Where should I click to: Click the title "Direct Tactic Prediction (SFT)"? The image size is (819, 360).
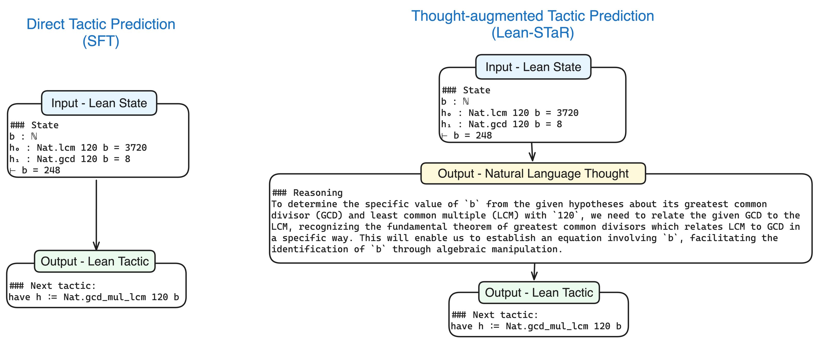[x=101, y=32]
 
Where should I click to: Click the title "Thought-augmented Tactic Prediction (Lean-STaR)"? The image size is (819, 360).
[x=533, y=24]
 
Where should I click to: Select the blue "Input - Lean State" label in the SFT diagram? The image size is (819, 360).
[x=99, y=103]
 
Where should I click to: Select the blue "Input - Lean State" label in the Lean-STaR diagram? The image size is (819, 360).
[x=533, y=67]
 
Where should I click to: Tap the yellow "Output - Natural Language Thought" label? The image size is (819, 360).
[x=533, y=173]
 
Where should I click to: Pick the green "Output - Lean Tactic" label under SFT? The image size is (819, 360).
[x=95, y=261]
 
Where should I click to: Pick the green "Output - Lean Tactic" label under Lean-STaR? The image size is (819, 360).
[x=539, y=292]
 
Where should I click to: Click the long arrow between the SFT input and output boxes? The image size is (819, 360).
[x=96, y=215]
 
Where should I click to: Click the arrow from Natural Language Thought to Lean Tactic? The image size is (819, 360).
[x=535, y=272]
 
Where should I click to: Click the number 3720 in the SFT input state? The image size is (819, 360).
[x=136, y=148]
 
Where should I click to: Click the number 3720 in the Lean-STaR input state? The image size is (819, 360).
[x=568, y=113]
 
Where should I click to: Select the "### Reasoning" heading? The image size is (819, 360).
[x=307, y=193]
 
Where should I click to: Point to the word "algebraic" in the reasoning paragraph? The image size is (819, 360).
[x=461, y=249]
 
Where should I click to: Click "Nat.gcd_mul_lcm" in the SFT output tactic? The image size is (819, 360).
[x=105, y=297]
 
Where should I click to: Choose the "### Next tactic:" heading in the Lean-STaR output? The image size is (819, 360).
[x=495, y=315]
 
